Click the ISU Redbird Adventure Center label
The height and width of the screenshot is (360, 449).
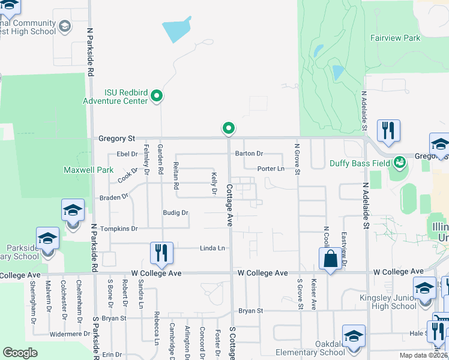pos(125,97)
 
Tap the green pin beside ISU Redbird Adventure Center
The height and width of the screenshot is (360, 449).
pos(157,95)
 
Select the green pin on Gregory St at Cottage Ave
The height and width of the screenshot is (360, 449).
pos(229,128)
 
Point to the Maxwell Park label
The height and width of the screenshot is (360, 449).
pos(88,170)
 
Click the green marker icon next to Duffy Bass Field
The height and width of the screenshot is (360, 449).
pos(399,162)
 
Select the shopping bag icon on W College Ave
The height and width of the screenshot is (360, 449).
pos(330,260)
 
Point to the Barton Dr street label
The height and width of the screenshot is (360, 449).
pos(249,154)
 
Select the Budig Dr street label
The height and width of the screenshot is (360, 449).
pos(175,212)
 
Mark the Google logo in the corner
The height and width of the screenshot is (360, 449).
pos(20,353)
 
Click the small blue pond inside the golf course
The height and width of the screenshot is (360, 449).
pos(338,73)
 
